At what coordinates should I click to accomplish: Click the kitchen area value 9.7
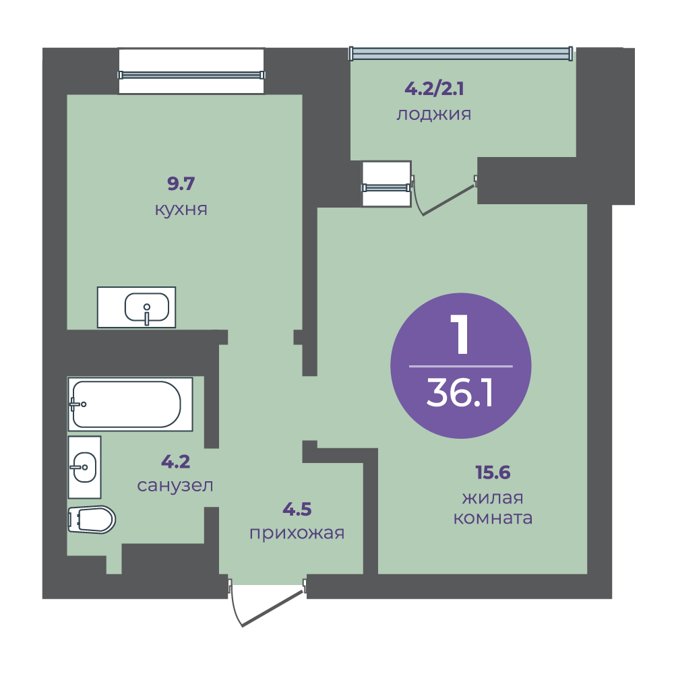point(181,183)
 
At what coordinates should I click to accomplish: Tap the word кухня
point(181,210)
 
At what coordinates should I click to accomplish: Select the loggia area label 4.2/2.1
point(434,88)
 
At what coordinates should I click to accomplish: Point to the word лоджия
point(433,115)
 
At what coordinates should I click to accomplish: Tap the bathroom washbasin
point(85,467)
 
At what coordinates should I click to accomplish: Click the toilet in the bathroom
point(92,519)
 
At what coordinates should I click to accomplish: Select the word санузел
point(175,486)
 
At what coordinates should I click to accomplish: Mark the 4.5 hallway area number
point(297,510)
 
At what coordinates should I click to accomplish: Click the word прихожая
point(297,533)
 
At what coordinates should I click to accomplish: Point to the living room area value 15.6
point(493,472)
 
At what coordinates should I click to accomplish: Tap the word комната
point(493,518)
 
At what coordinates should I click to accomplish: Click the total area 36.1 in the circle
point(460,394)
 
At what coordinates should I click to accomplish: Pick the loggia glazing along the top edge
point(461,53)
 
